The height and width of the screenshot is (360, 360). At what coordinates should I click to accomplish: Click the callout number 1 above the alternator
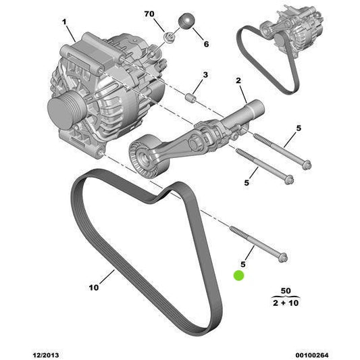pyautogui.click(x=65, y=22)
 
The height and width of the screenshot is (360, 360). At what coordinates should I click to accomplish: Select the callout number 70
pyautogui.click(x=149, y=14)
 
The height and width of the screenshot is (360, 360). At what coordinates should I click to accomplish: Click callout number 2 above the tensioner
pyautogui.click(x=238, y=81)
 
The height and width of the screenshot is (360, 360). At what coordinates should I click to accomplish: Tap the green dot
pyautogui.click(x=239, y=276)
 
